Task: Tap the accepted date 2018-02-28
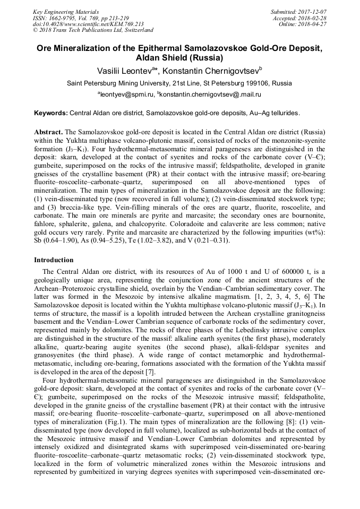313,18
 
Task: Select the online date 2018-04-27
313,24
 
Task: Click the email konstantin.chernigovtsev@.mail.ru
211,94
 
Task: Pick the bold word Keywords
50,113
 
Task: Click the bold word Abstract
48,132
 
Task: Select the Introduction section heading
54,260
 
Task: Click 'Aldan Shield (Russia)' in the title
179,57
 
